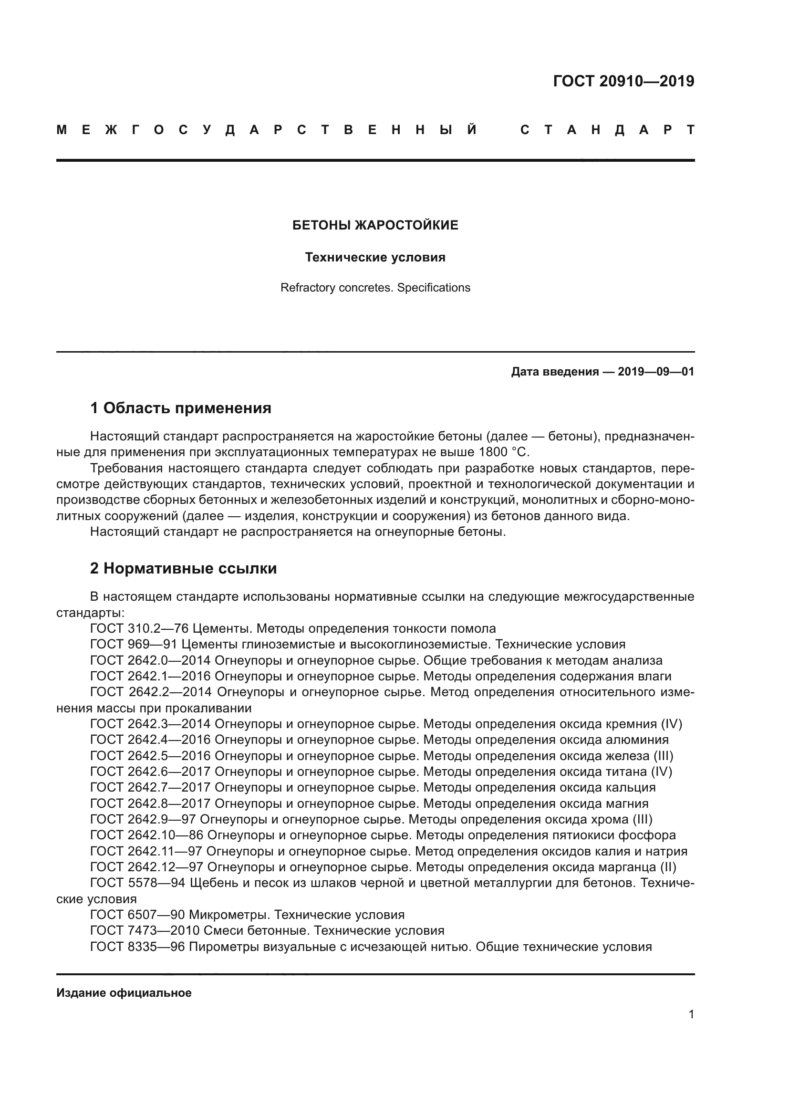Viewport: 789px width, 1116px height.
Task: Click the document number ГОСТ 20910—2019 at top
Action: (623, 81)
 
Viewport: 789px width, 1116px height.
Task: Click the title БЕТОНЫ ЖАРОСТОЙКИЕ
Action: (375, 225)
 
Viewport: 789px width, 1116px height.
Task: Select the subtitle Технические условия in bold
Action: (375, 257)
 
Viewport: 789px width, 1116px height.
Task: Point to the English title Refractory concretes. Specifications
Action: (375, 288)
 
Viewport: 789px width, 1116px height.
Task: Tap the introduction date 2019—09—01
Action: (655, 372)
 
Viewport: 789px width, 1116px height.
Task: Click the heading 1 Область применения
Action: (181, 408)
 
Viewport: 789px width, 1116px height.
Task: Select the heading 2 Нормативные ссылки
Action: (183, 568)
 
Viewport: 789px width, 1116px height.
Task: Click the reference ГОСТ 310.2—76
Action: (139, 628)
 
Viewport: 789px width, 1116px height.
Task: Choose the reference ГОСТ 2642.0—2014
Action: (150, 660)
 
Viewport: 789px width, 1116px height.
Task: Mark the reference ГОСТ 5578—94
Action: (137, 883)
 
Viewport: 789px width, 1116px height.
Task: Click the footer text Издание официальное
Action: (124, 993)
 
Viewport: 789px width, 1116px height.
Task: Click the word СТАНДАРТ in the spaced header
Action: (607, 130)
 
